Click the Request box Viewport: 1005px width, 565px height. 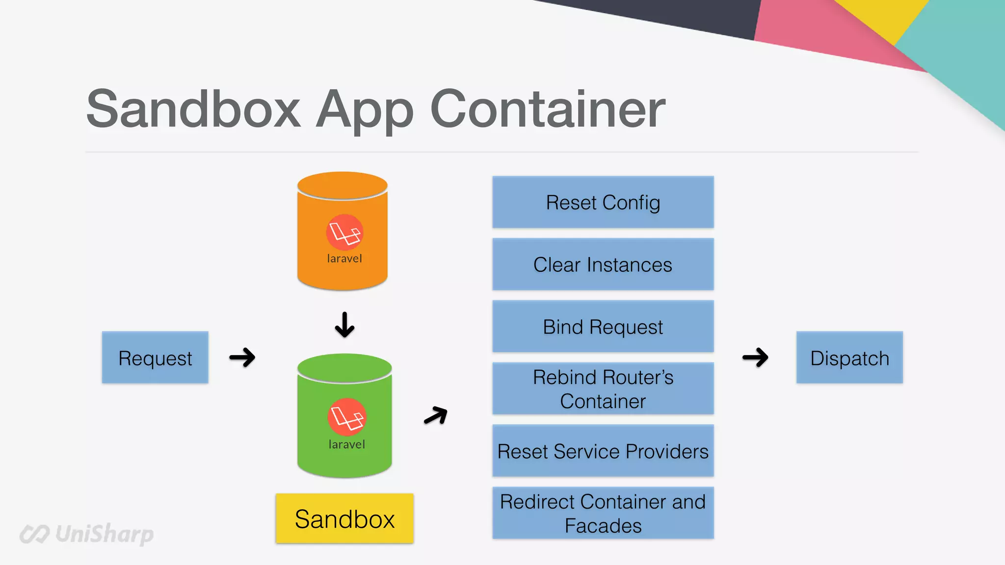point(155,358)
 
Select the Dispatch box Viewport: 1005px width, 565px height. point(849,358)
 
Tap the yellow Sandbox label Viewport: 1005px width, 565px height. point(344,518)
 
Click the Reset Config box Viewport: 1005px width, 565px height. point(603,202)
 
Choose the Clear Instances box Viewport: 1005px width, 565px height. point(603,264)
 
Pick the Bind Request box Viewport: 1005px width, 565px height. point(603,327)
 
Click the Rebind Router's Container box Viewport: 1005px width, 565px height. point(603,389)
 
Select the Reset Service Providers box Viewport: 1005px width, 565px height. point(603,451)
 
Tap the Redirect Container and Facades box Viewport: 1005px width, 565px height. point(603,513)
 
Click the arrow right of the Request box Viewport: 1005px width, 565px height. point(242,358)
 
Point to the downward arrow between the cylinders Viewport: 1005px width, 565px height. point(344,325)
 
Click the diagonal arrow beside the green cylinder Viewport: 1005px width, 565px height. point(436,415)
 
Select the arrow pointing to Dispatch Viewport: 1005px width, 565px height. point(755,358)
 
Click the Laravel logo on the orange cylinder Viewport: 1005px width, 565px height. point(344,232)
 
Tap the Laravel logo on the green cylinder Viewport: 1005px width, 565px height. point(347,417)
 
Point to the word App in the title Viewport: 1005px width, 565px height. point(365,110)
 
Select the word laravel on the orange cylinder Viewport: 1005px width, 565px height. point(344,258)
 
